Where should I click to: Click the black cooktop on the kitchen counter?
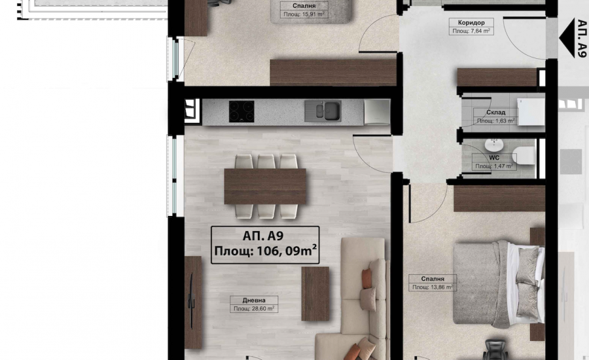241,111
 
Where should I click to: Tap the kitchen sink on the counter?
323,111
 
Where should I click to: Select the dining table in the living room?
265,187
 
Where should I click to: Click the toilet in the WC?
524,156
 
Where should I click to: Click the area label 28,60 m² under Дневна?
254,308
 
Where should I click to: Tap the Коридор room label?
471,22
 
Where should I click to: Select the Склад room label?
496,113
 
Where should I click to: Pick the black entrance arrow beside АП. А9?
567,38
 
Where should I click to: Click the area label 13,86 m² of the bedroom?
433,287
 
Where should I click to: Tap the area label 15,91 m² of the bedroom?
304,14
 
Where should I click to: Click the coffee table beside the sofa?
315,294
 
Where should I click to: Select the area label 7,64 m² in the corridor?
471,31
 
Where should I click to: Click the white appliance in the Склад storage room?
531,112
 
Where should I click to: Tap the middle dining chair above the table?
266,161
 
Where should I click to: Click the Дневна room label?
254,300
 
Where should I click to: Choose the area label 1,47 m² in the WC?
494,166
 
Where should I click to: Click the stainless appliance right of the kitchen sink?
377,111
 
